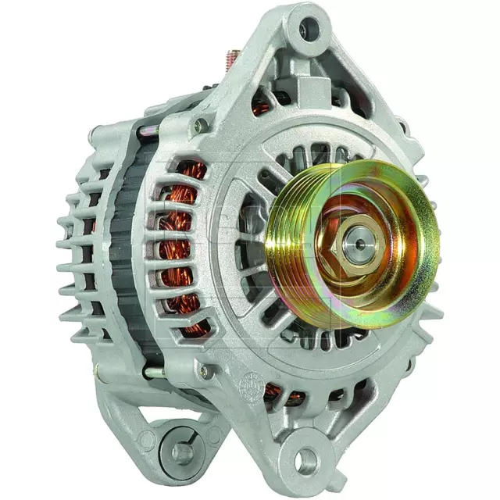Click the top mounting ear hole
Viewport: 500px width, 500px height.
[309, 30]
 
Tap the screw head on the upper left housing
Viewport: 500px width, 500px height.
[202, 125]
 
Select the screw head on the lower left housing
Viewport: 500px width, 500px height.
[205, 370]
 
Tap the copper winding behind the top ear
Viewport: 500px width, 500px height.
[260, 108]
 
